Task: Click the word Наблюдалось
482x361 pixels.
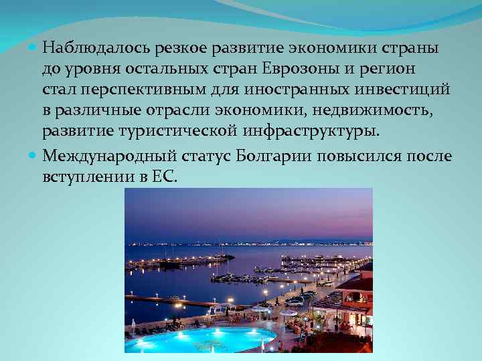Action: point(97,49)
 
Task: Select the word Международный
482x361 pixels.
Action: point(110,156)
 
